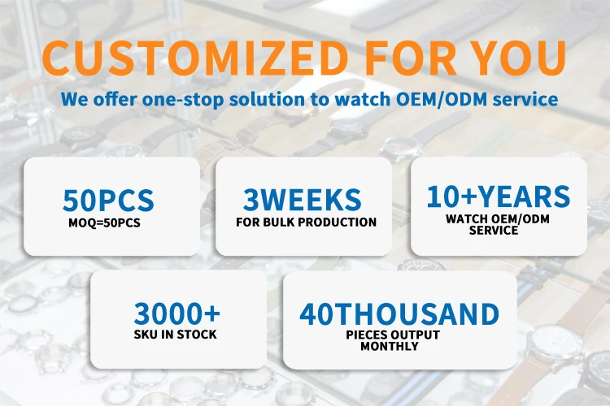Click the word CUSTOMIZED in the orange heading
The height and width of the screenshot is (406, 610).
tap(194, 58)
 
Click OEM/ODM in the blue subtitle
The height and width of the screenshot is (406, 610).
tap(441, 99)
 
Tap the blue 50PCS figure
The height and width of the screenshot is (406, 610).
tap(108, 200)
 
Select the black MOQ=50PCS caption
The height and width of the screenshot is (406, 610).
tap(104, 223)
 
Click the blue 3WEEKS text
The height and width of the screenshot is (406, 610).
tap(303, 199)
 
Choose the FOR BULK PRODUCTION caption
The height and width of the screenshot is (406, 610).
tap(306, 222)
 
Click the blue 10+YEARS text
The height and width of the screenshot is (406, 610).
tap(499, 197)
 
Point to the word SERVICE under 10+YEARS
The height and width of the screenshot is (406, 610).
tap(494, 231)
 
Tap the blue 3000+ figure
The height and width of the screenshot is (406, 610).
tap(177, 313)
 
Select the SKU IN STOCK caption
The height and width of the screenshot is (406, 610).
tap(175, 334)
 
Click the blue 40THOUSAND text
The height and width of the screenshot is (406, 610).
tap(399, 314)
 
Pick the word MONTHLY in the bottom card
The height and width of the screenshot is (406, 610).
tap(389, 346)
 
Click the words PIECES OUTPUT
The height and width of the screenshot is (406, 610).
tap(393, 335)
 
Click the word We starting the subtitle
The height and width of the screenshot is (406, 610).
tap(74, 100)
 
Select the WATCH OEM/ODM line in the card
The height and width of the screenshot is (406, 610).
tap(498, 219)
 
